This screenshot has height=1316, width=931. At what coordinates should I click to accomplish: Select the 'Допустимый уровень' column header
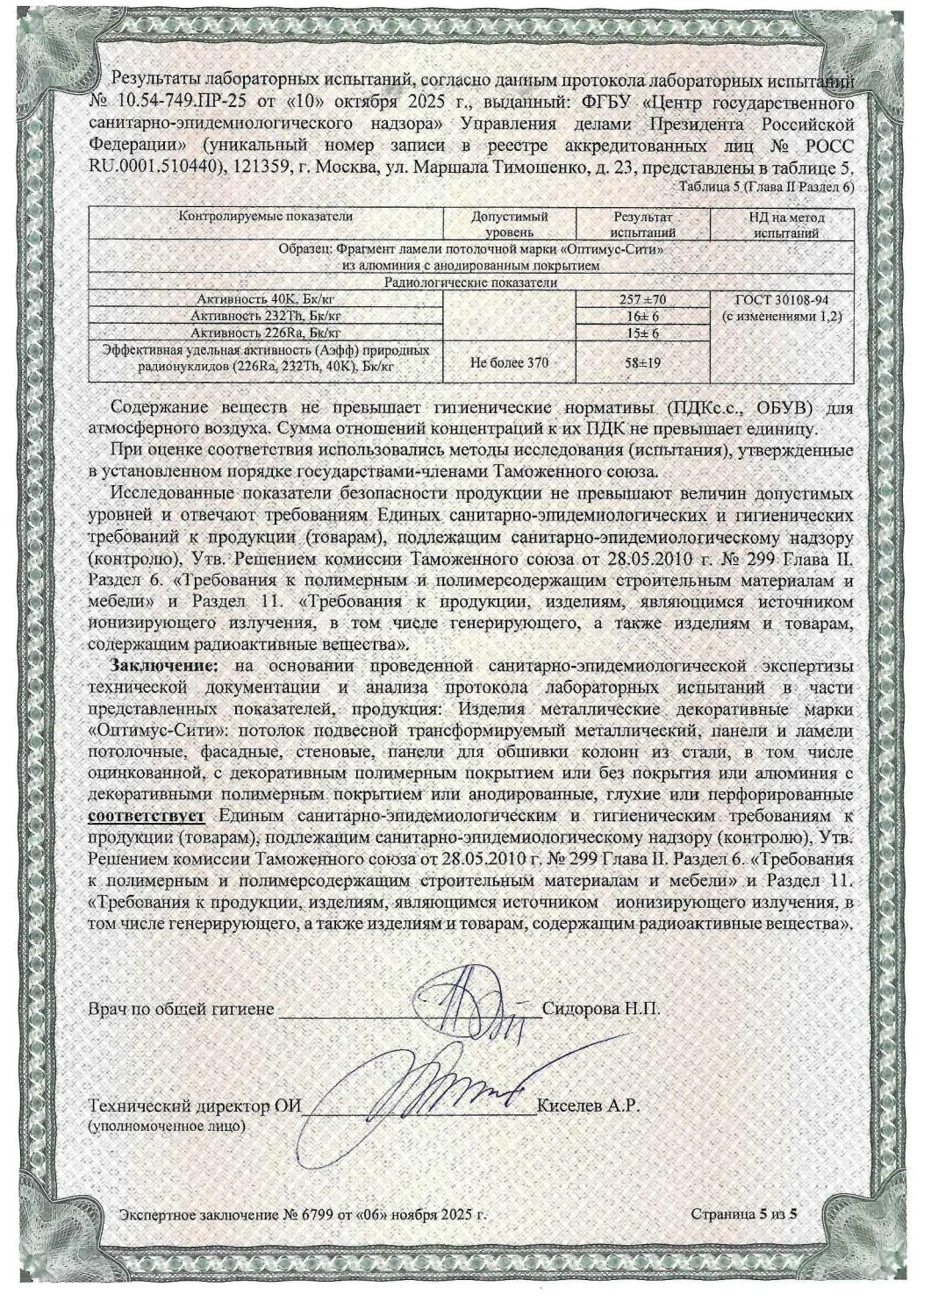click(x=509, y=224)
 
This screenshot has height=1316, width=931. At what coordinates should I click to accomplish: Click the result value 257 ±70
click(x=641, y=300)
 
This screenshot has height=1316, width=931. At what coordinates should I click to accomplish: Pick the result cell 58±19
click(x=641, y=361)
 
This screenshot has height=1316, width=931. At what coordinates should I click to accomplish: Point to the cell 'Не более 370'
click(x=509, y=361)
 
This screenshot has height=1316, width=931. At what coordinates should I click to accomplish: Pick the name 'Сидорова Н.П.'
click(x=600, y=1008)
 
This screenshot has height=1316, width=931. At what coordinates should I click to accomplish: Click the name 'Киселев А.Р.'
click(x=586, y=1105)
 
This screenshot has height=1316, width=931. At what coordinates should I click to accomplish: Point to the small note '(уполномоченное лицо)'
click(x=167, y=1124)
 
